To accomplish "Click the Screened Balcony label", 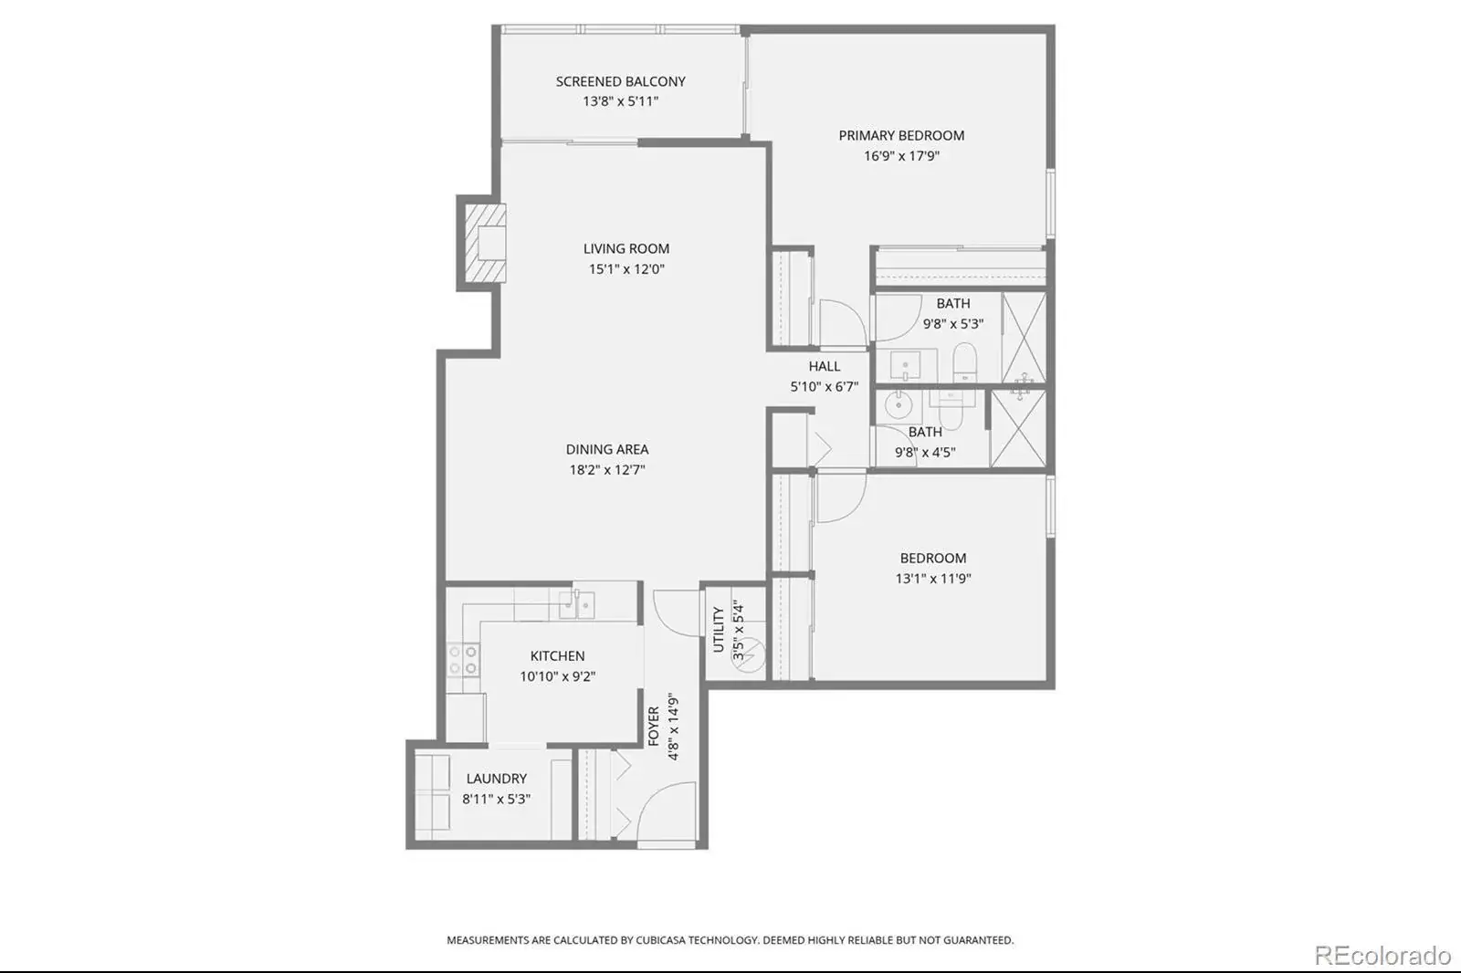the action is pyautogui.click(x=620, y=81).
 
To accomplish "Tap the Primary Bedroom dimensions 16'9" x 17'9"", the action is pyautogui.click(x=901, y=156).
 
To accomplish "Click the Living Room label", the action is pyautogui.click(x=626, y=248).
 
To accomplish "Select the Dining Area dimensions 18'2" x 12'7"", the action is pyautogui.click(x=607, y=469).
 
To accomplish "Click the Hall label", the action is pyautogui.click(x=825, y=367).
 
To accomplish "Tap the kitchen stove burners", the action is pyautogui.click(x=463, y=660).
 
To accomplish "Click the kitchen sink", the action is pyautogui.click(x=576, y=605).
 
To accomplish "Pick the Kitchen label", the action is pyautogui.click(x=557, y=656).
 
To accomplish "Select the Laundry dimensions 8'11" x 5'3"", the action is pyautogui.click(x=497, y=799).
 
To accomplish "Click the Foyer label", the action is pyautogui.click(x=654, y=726).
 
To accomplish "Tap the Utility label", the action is pyautogui.click(x=719, y=629).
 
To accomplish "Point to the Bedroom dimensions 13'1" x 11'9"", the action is pyautogui.click(x=933, y=579).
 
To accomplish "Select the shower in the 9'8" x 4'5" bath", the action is pyautogui.click(x=1018, y=428).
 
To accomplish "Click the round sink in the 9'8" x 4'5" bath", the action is pyautogui.click(x=899, y=405).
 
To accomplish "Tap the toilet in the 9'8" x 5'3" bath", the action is pyautogui.click(x=964, y=362).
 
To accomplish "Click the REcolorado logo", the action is pyautogui.click(x=1382, y=956).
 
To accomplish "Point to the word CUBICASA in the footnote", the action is pyautogui.click(x=660, y=940).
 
